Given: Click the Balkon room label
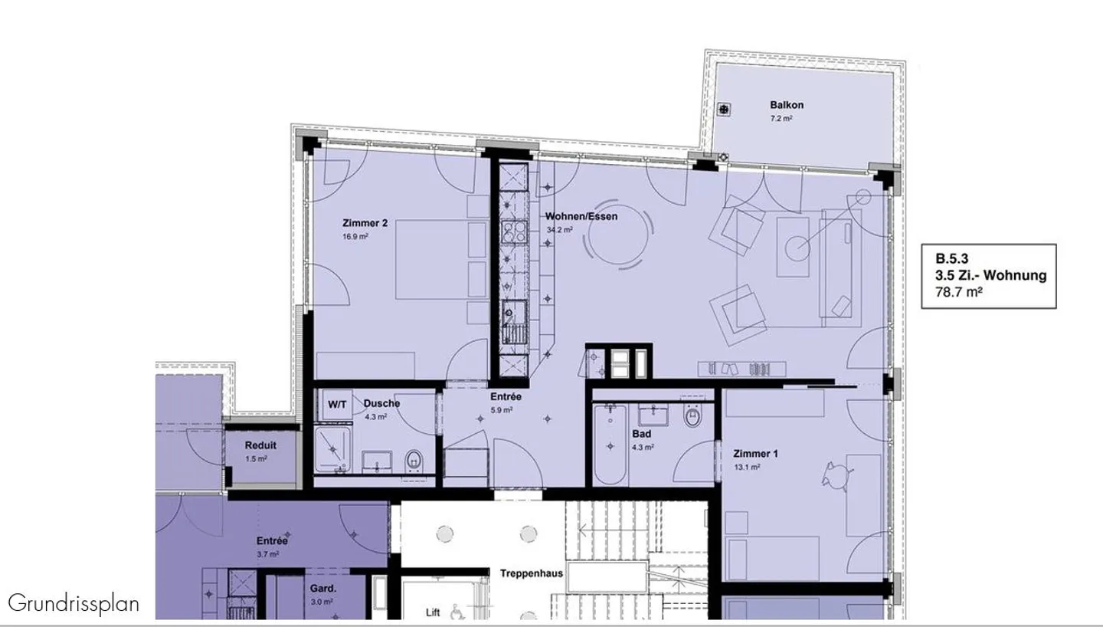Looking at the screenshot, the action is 787,105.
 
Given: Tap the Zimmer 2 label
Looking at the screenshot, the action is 365,223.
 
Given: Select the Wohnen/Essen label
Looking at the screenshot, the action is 581,216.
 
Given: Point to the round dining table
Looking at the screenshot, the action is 618,234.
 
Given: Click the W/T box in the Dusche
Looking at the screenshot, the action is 337,405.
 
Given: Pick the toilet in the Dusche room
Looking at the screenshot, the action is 414,461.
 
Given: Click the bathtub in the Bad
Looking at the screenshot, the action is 610,444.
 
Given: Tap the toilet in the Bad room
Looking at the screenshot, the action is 692,415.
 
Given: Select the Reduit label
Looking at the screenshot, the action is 260,445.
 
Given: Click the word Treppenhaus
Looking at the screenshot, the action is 532,573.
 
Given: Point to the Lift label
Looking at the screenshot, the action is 433,612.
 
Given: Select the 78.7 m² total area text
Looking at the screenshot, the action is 959,292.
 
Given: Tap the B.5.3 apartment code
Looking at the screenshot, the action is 952,258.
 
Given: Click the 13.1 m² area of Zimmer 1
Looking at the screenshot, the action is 747,467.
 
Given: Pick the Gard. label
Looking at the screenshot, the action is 323,589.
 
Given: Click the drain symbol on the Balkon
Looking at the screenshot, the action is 723,109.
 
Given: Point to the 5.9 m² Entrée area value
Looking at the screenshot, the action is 501,409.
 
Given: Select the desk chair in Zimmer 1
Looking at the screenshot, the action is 836,476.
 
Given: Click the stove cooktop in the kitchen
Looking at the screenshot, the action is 513,232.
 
